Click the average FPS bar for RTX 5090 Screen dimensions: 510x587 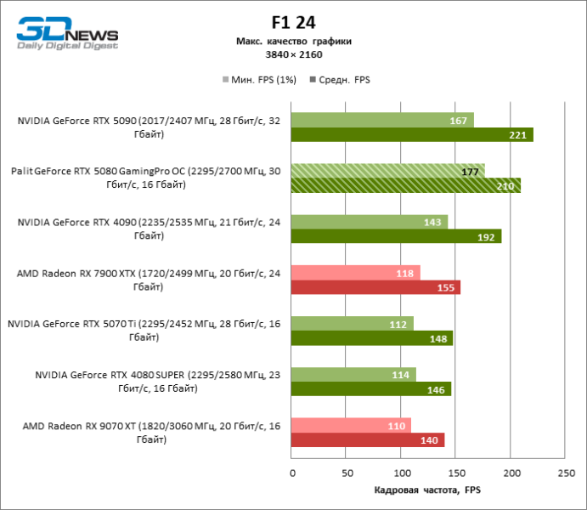(412, 134)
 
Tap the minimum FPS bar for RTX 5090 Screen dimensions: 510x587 (382, 120)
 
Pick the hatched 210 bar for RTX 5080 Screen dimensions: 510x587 (406, 185)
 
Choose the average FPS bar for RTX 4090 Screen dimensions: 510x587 (396, 236)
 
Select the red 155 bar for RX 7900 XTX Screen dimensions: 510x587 (375, 287)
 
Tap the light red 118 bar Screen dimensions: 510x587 (355, 273)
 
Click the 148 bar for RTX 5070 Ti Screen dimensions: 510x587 (372, 338)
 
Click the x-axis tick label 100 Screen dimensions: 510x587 (401, 472)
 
